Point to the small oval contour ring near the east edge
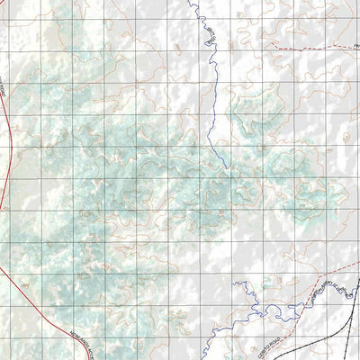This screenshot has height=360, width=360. [x=346, y=137]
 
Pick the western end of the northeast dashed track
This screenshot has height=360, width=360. [x=271, y=52]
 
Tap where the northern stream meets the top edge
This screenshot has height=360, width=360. [x=191, y=2]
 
